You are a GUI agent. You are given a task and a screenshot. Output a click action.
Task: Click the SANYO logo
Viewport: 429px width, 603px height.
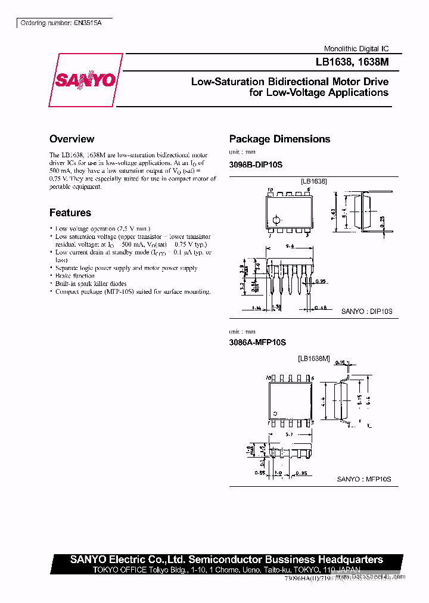(85, 80)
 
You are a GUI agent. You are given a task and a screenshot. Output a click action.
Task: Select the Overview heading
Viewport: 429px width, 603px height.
(71, 139)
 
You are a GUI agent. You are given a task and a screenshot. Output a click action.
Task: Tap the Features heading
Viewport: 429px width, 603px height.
(70, 213)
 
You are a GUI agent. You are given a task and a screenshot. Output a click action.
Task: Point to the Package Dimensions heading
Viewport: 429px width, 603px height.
(279, 139)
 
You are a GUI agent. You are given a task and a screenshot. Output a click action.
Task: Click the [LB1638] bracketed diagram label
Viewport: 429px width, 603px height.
(313, 181)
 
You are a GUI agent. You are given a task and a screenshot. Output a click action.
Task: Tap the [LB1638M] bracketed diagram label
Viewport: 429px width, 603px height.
(313, 359)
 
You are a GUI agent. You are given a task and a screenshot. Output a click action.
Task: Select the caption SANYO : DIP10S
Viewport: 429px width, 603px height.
(366, 311)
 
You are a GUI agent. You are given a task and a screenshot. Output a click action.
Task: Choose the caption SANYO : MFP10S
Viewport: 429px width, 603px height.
(364, 478)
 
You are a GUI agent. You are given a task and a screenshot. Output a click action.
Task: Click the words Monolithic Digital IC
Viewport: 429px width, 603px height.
(356, 49)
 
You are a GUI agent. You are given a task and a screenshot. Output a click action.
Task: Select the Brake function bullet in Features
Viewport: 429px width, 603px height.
(74, 276)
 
